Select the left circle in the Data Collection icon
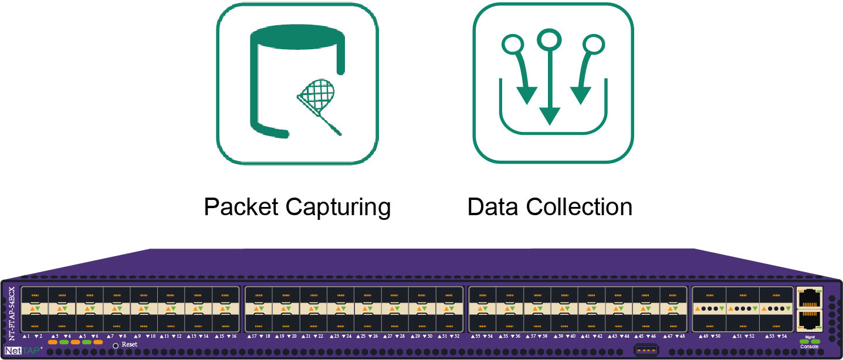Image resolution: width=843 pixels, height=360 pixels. (513, 43)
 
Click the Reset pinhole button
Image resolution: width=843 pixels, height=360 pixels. (116, 345)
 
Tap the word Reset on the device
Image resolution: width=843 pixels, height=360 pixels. (130, 345)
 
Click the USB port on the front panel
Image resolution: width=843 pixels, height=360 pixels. (645, 351)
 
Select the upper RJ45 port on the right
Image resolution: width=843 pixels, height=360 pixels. (809, 297)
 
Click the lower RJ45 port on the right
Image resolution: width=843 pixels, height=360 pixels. (809, 320)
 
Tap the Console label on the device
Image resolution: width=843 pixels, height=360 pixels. (809, 347)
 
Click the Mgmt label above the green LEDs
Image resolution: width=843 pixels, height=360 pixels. (809, 337)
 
